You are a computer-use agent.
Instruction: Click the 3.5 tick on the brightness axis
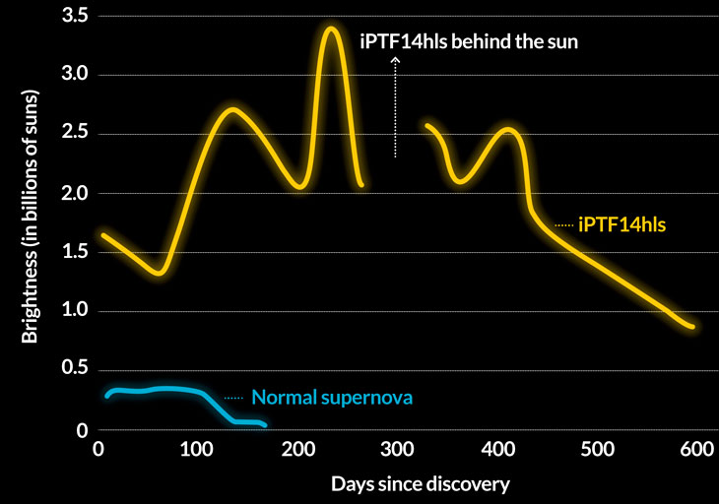click(x=75, y=16)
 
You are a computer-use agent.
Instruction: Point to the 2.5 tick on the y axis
click(x=75, y=134)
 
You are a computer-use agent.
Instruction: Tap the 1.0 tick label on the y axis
click(x=75, y=311)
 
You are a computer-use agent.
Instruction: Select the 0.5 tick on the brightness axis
click(x=75, y=371)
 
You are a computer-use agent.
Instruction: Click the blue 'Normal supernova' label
click(x=331, y=399)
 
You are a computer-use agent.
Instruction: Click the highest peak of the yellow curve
click(x=331, y=29)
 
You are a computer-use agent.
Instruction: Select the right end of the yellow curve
click(x=693, y=327)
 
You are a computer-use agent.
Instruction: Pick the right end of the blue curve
click(x=264, y=425)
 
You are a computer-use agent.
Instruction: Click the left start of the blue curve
click(x=107, y=397)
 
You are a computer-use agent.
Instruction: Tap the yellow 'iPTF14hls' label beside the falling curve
click(x=622, y=224)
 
